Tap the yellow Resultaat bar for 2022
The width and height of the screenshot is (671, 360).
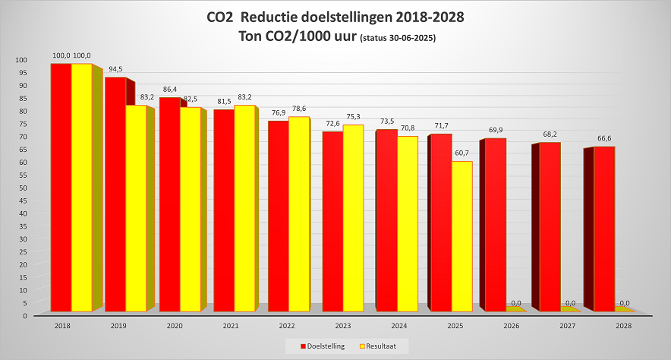(299, 214)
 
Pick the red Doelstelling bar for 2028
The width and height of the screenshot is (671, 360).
(604, 229)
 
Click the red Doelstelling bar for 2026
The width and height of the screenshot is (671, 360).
(495, 225)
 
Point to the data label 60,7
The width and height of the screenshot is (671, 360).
(462, 153)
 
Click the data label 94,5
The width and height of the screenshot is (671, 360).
(115, 69)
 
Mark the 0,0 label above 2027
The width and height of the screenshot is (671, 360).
(570, 303)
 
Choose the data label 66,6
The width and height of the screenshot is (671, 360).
(604, 138)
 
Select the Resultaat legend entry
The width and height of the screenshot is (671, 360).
(386, 346)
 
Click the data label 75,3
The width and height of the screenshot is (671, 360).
(354, 116)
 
